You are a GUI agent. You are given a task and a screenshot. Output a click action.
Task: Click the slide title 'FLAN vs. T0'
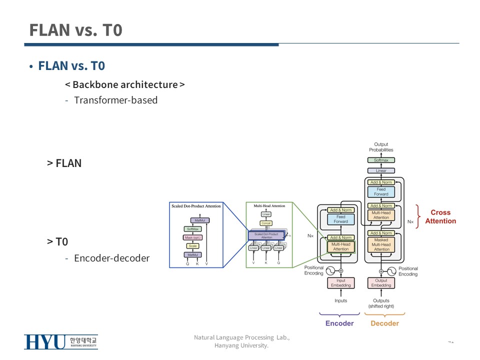coord(75,30)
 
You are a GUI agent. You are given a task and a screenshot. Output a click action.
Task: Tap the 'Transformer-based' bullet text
coord(115,100)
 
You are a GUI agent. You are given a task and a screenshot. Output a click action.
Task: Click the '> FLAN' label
coord(64,163)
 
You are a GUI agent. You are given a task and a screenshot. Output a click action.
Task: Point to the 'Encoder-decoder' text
coord(111,258)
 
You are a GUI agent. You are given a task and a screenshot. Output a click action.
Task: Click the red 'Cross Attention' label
coord(440,216)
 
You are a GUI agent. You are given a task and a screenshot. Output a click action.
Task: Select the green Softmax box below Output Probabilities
coord(381,160)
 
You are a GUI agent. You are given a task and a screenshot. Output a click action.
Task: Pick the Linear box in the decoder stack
coord(381,171)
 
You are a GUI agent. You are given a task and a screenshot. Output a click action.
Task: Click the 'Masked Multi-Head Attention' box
coord(381,244)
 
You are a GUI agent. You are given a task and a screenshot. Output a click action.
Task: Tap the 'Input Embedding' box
coord(340,283)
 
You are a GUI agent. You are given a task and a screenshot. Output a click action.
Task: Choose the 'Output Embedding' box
coord(381,283)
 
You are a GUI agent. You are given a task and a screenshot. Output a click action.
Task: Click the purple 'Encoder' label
coord(339,323)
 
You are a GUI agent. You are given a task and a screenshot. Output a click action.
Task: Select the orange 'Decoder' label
coord(384,323)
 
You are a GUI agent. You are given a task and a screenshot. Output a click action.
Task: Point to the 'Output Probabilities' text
coord(381,147)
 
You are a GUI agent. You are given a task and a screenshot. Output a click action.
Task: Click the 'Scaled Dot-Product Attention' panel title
coord(196,206)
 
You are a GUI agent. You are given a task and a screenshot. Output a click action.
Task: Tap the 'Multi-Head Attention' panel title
coord(269,206)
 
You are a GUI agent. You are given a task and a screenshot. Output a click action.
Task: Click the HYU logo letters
coord(45,342)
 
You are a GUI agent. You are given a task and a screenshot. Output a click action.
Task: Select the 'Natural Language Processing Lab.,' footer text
coord(241,337)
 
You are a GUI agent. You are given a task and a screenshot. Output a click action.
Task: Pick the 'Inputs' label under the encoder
coord(340,301)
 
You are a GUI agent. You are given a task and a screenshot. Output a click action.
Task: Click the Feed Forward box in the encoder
coord(340,219)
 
